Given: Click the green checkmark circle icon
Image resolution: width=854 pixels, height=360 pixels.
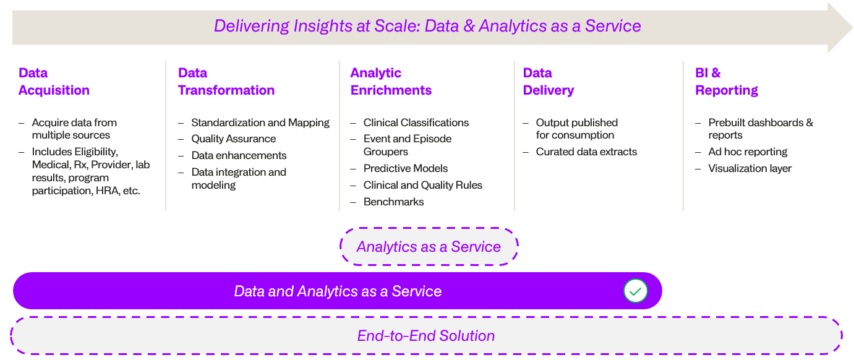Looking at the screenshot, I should (635, 291).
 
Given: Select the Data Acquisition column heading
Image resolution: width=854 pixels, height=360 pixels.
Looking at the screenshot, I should (54, 82).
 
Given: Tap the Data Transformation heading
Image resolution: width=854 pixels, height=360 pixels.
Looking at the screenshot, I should (226, 82).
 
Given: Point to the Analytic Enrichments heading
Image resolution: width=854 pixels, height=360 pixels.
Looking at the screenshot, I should (391, 82).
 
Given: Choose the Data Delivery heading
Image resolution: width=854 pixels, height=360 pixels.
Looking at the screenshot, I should (548, 82).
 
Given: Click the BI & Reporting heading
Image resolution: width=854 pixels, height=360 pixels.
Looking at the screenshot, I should (726, 82).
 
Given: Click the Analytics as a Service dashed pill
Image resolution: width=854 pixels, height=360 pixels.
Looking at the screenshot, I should (429, 247).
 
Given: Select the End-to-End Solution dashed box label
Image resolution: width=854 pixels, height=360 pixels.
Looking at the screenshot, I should (426, 336).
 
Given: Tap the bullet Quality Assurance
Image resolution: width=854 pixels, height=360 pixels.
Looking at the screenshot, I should (233, 139).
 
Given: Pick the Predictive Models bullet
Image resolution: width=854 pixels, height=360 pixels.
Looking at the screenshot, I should (405, 168).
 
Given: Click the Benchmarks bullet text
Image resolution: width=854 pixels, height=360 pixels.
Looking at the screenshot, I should (393, 202).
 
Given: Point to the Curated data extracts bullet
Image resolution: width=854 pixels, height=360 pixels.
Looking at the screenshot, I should (586, 152).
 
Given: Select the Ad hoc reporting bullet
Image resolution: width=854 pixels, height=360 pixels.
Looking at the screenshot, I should (748, 152).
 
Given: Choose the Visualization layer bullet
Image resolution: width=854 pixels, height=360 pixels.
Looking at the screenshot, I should (749, 168).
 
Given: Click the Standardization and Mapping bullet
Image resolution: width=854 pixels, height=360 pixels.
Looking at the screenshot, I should (260, 122).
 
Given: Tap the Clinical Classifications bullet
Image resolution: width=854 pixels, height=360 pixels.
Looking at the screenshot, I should (416, 122).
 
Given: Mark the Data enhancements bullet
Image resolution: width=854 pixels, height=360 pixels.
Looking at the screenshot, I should (239, 155).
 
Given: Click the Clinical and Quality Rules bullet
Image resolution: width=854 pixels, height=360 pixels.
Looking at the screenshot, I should (422, 185).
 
